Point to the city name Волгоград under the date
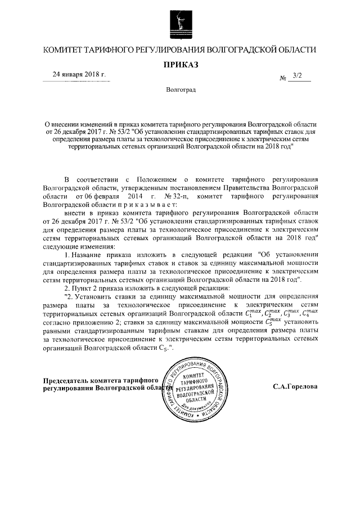pos(181,90)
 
